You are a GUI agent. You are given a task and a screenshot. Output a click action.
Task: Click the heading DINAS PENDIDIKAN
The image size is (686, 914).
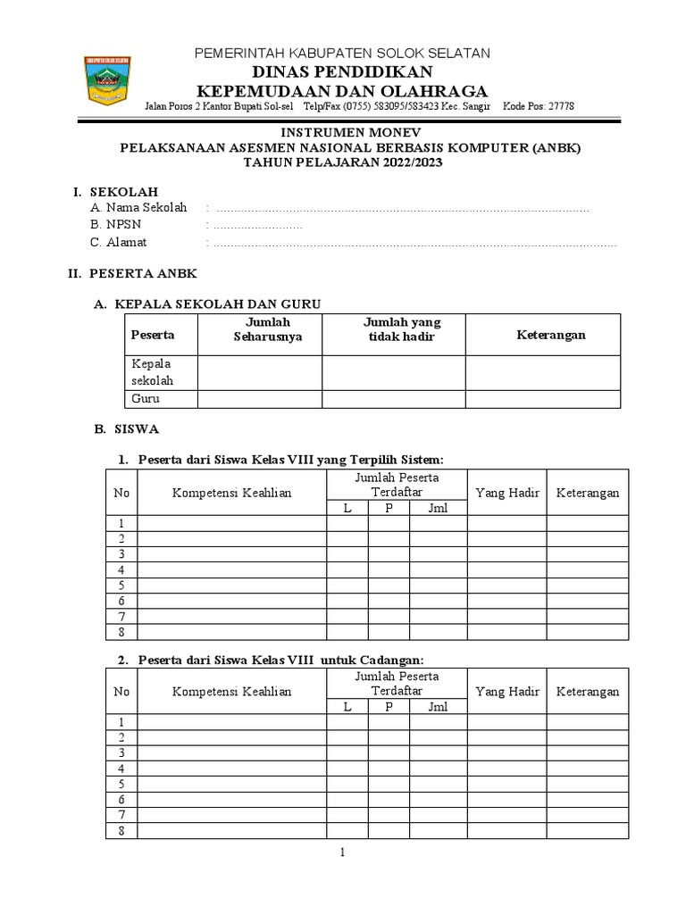pos(342,72)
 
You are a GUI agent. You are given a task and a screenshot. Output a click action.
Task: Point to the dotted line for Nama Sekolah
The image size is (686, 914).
pos(402,209)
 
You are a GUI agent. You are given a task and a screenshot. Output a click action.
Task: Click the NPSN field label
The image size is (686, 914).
pos(111,225)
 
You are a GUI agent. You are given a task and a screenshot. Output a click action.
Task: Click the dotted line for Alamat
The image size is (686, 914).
pos(415,243)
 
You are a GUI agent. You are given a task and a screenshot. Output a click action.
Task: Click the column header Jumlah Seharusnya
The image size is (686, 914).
pos(267,328)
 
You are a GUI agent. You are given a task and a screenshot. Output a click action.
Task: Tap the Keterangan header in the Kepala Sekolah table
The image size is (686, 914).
pos(550,335)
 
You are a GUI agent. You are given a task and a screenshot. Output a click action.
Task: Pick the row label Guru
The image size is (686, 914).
pos(146,399)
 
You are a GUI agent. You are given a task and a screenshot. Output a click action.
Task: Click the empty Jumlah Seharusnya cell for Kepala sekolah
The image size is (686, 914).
pos(259,372)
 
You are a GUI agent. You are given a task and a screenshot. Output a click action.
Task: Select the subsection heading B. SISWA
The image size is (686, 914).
pos(127,429)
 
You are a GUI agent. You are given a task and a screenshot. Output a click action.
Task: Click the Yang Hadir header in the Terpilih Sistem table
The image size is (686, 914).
pos(506,493)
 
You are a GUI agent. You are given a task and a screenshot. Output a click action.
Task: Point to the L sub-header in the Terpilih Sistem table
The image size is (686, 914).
pos(347,508)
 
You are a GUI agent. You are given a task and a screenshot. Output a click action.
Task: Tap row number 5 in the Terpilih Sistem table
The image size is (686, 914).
pos(121,586)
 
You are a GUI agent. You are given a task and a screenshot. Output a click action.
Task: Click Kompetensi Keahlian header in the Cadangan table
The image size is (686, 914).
pos(231,692)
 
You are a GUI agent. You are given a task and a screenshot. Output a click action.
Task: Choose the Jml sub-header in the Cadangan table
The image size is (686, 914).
pos(438,707)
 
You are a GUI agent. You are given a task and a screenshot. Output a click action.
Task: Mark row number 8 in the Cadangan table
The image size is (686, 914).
pos(121,831)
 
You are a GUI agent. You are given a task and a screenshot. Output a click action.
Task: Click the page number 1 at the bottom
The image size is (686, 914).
pos(342,854)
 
